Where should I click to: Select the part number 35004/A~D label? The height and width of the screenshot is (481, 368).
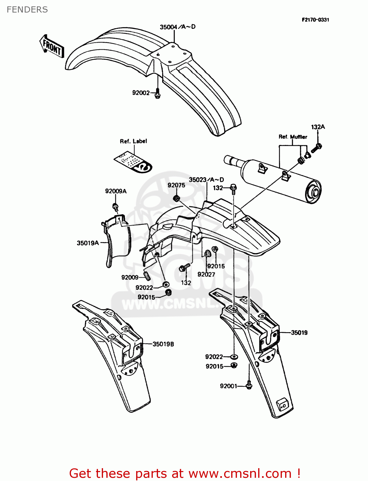(x=178, y=27)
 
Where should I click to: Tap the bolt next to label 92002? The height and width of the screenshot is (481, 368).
(x=157, y=94)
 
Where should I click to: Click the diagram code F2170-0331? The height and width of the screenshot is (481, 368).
(x=315, y=20)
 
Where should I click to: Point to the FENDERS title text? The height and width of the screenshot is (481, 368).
(x=27, y=10)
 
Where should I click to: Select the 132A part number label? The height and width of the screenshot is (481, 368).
(x=318, y=127)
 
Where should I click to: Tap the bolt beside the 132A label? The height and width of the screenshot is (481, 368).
(x=317, y=148)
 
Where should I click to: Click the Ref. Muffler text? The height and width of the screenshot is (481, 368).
(x=293, y=137)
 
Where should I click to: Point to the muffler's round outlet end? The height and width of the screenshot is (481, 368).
(x=314, y=193)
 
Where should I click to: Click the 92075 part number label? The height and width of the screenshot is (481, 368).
(x=176, y=185)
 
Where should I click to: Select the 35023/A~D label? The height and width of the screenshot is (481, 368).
(x=206, y=180)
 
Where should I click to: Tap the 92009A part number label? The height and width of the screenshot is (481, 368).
(x=116, y=191)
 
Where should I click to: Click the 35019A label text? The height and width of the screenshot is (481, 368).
(x=88, y=243)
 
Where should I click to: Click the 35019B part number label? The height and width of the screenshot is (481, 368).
(x=163, y=344)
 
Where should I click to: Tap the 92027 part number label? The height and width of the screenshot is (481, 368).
(x=206, y=274)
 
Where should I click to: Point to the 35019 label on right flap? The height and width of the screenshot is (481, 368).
(x=299, y=333)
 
